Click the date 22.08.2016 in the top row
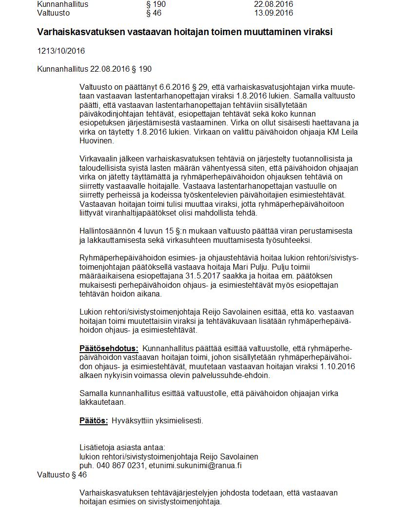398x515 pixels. [273, 4]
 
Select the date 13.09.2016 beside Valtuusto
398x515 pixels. [273, 13]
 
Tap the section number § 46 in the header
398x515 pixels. [153, 13]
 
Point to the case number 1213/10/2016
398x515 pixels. [61, 51]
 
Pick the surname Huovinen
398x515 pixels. [97, 141]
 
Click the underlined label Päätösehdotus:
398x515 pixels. [109, 348]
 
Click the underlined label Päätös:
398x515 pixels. [94, 420]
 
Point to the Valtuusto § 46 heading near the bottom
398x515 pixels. [62, 475]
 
